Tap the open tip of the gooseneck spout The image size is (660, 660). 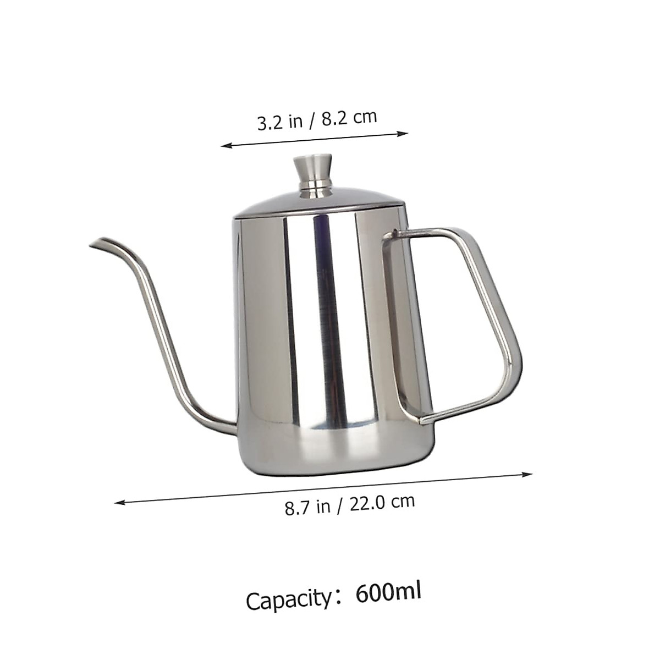pyautogui.click(x=94, y=244)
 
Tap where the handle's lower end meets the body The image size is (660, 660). pyautogui.click(x=424, y=421)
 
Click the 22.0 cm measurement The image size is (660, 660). pyautogui.click(x=383, y=502)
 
